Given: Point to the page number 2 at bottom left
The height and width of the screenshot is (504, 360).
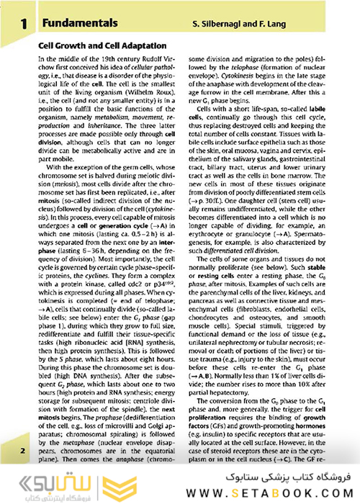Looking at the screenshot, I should point(23,450).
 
